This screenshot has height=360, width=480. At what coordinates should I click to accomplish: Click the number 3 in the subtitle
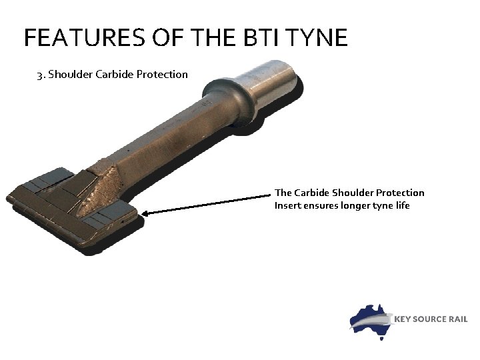point(39,74)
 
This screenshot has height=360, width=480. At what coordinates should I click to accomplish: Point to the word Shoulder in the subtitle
point(70,74)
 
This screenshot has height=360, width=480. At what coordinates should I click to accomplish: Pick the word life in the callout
point(402,205)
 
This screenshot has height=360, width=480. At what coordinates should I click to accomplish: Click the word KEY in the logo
point(405,319)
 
